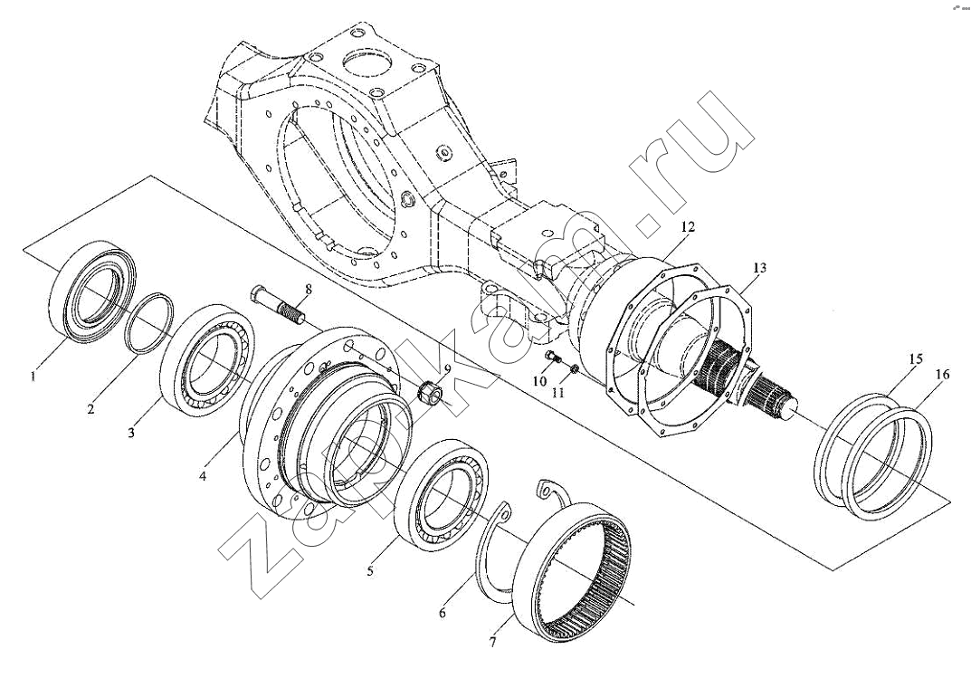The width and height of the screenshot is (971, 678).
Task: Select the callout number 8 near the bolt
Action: pos(308,290)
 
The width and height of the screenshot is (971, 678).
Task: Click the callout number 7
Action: pos(492,643)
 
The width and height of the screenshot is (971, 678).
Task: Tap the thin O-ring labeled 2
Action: pos(149,323)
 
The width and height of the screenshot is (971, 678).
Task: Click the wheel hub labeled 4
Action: pos(326,416)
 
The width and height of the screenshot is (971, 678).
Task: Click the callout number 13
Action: pos(758,268)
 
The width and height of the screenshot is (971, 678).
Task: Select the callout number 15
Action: pos(916,359)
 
